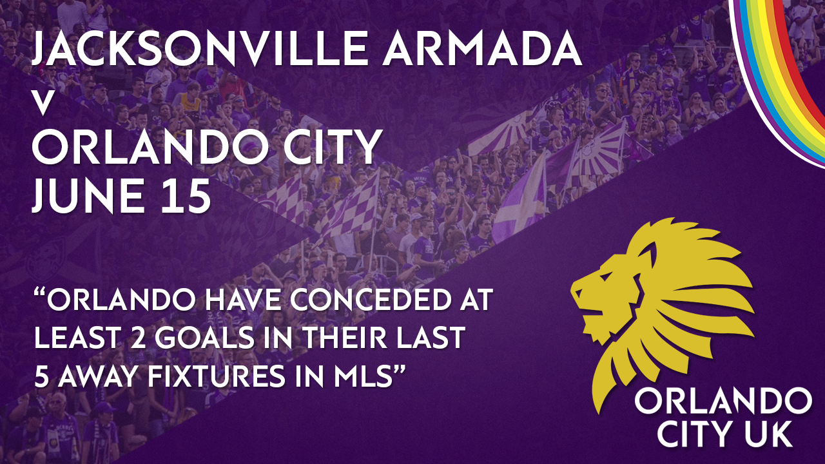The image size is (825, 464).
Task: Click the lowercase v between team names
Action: point(43,104)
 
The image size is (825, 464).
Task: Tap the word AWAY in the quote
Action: point(97,376)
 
